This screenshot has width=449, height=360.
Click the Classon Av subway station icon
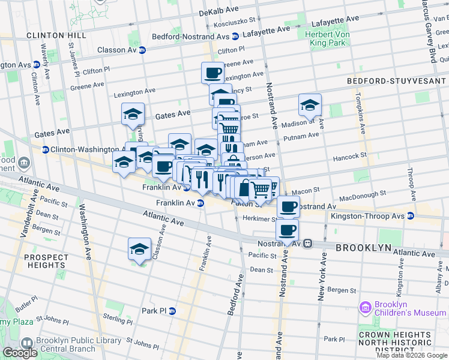pos(142,50)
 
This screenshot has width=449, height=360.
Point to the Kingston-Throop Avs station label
pos(369,215)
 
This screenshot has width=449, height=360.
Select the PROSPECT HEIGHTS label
pos(46,262)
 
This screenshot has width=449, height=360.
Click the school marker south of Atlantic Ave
pos(140,250)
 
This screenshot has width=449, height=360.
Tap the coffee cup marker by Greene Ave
pos(213,73)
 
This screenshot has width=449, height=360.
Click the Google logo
pos(20,353)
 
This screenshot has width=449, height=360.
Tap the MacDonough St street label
pos(362,196)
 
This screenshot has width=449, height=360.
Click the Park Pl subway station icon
pos(172,311)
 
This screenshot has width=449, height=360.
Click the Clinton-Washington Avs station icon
pos(45,149)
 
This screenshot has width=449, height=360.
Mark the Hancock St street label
pos(351,156)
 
